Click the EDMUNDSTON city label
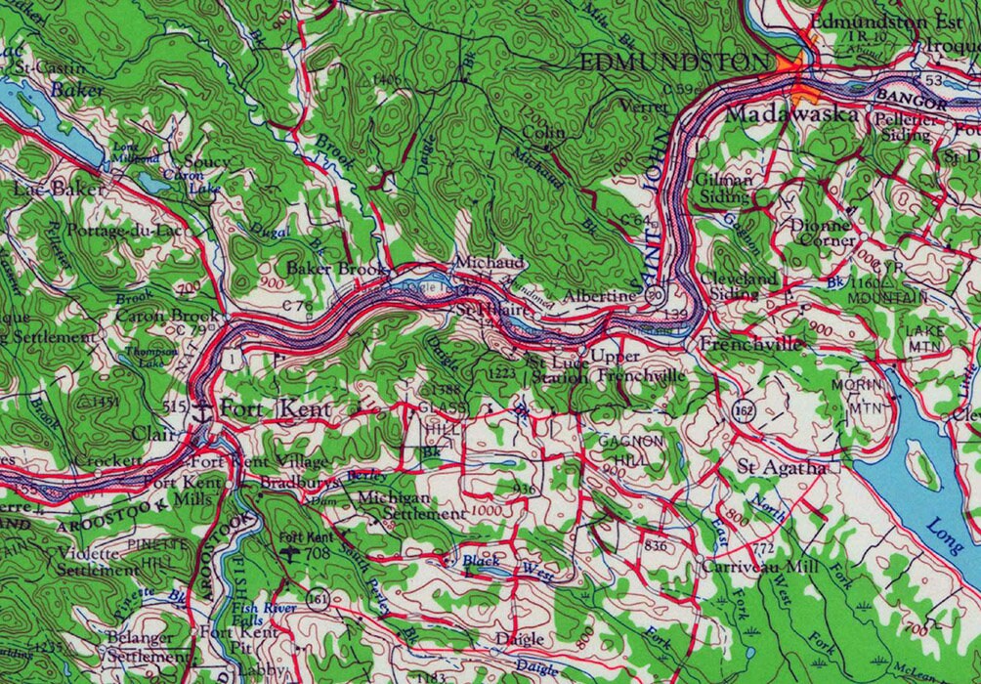[673, 63]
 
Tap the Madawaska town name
[792, 115]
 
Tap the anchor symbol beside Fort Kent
[203, 407]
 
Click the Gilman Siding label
[724, 188]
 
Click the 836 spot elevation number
[656, 544]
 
